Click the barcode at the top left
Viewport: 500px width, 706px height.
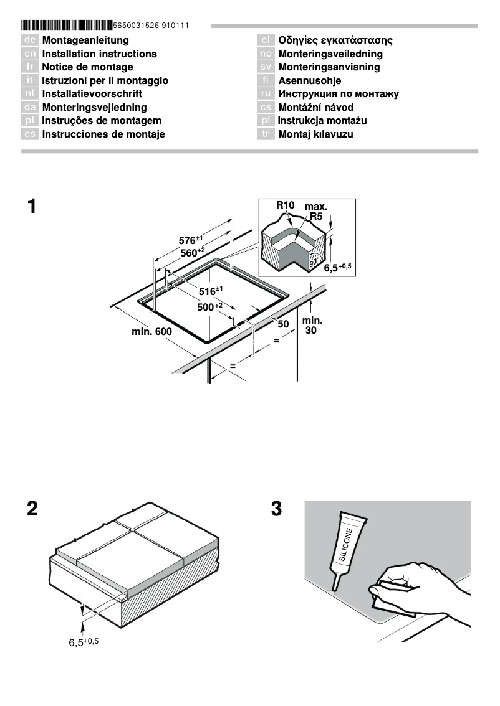coord(66,26)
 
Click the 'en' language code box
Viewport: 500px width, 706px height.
coord(30,54)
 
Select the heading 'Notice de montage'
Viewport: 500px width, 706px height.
coord(87,67)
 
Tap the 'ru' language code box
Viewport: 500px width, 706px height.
coord(266,94)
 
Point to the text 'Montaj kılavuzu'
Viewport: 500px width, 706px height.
coord(315,134)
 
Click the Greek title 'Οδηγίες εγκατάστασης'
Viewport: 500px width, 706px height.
coord(335,40)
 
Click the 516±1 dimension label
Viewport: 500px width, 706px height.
coord(211,291)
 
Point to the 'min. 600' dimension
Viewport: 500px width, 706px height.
coord(151,332)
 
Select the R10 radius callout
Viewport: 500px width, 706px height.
coord(286,205)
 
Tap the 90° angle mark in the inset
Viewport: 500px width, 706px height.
coord(314,262)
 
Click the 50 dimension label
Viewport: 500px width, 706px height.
coord(283,324)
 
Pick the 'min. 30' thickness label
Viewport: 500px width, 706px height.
coord(312,326)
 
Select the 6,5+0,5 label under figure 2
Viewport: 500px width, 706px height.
coord(84,642)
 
